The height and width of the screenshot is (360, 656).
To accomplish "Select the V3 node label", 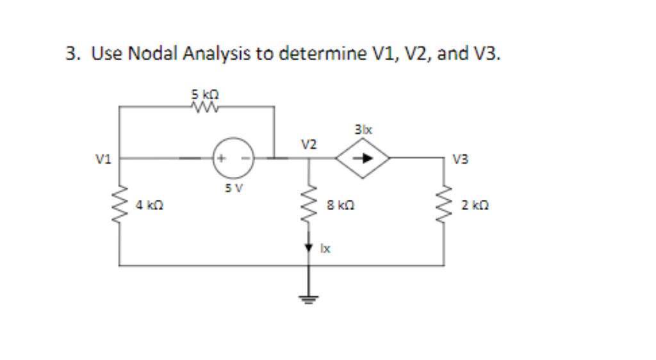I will [460, 160].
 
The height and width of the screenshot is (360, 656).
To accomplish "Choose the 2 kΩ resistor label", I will [470, 206].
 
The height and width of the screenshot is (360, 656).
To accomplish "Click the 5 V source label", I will [233, 188].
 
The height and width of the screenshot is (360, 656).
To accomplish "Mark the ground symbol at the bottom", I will [310, 297].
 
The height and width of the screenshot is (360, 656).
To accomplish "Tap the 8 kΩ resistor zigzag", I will [310, 202].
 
